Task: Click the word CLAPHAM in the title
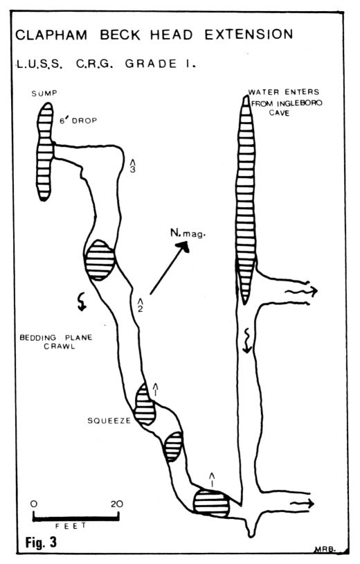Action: click(x=51, y=35)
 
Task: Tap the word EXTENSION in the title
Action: click(x=249, y=35)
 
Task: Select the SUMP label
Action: click(x=44, y=94)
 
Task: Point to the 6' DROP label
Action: click(x=78, y=121)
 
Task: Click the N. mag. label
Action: click(x=188, y=233)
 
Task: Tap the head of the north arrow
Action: click(x=183, y=247)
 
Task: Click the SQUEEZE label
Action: click(x=109, y=421)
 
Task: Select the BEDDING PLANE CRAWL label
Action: click(x=55, y=342)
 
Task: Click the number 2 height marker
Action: click(x=140, y=304)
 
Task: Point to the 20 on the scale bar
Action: click(x=117, y=504)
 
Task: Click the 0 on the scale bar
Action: click(x=34, y=504)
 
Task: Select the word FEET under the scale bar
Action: click(x=71, y=525)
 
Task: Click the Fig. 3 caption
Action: click(x=41, y=542)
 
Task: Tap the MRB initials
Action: click(x=325, y=549)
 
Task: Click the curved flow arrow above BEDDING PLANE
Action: click(x=82, y=301)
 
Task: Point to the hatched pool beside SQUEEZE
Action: click(x=145, y=405)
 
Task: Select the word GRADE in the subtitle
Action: click(x=151, y=64)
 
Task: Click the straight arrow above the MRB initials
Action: click(x=302, y=504)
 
